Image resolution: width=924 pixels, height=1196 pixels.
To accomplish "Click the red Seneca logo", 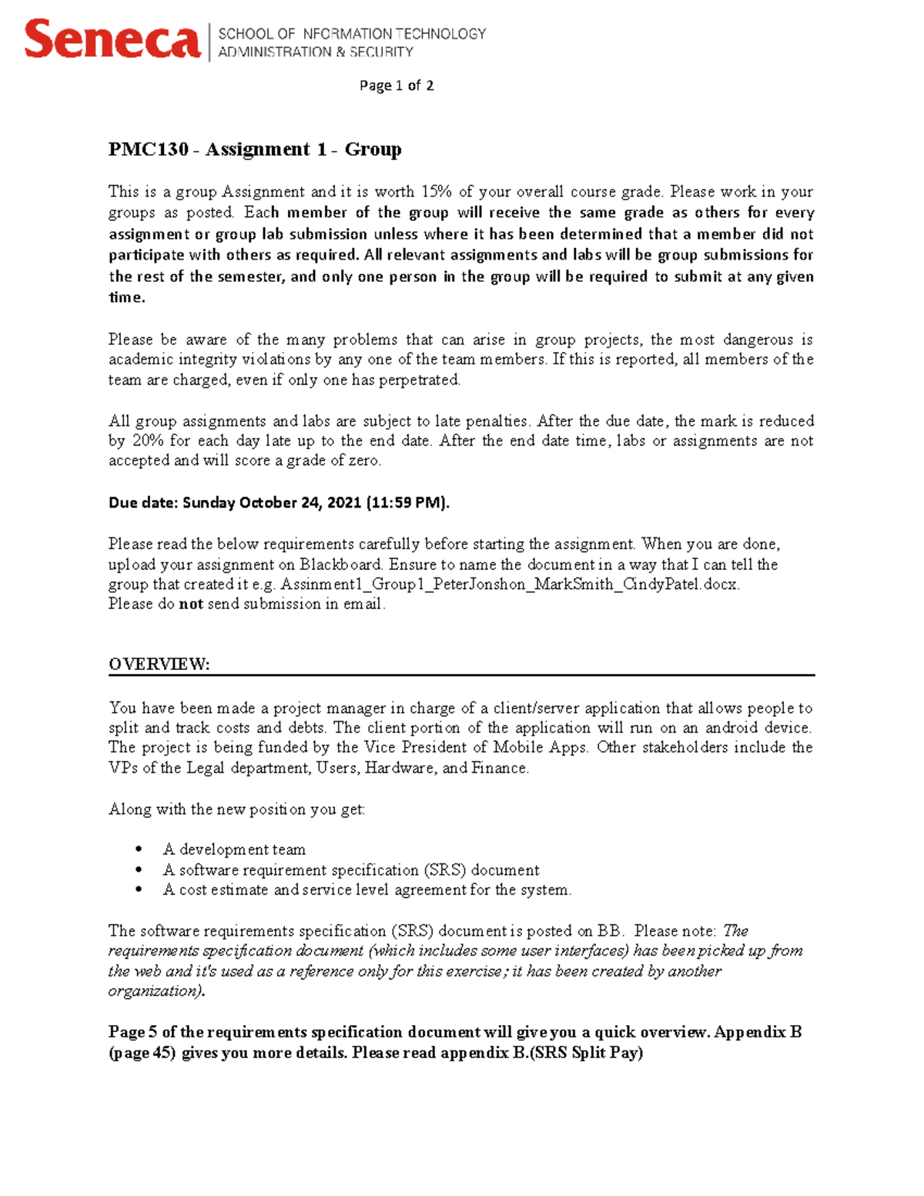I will [x=112, y=40].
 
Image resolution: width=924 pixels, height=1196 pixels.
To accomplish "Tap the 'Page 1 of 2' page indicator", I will [x=397, y=85].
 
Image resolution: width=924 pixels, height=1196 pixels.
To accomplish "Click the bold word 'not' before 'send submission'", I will [x=190, y=605].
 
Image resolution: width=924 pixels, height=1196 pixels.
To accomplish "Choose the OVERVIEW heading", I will [x=159, y=665].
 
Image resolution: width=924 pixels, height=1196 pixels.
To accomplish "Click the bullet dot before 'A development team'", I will [x=139, y=849].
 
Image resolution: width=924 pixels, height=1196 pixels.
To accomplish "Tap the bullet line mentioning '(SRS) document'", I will [x=351, y=870].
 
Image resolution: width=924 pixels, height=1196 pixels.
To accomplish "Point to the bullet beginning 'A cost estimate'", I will [x=367, y=890].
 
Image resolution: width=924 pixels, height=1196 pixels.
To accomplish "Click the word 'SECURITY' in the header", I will [x=381, y=52].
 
